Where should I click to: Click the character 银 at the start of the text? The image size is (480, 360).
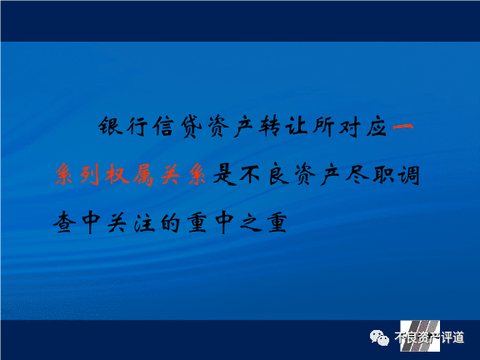click(110, 126)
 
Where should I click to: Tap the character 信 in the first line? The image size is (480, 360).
click(164, 126)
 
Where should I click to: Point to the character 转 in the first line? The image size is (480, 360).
click(269, 126)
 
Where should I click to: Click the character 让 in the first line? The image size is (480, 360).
click(297, 126)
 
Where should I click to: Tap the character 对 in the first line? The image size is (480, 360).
click(350, 126)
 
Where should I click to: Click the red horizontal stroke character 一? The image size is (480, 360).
click(402, 126)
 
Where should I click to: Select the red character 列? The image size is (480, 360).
click(90, 175)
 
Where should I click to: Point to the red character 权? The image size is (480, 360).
click(117, 174)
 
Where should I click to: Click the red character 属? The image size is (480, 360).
click(143, 175)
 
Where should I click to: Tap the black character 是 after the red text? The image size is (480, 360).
click(224, 175)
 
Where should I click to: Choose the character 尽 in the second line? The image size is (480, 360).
click(357, 175)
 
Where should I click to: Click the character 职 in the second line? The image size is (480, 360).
click(383, 175)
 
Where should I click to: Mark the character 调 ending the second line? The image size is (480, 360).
click(408, 175)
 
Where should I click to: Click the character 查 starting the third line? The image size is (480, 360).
click(65, 222)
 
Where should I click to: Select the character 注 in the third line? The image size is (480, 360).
click(144, 222)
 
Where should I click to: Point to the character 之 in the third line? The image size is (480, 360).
click(250, 222)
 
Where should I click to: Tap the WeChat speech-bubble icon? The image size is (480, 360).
click(379, 338)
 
